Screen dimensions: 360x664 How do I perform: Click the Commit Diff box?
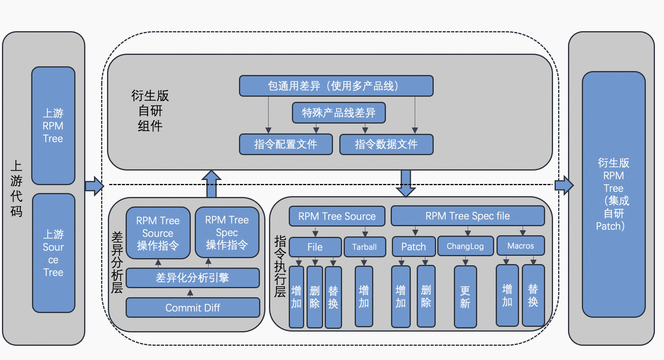pyautogui.click(x=193, y=307)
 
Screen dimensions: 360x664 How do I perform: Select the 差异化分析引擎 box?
pyautogui.click(x=193, y=278)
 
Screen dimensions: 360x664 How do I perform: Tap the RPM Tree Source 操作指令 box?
pyautogui.click(x=158, y=233)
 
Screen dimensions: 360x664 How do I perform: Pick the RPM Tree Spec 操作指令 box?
pyautogui.click(x=227, y=232)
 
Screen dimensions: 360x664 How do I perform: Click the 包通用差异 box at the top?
pyautogui.click(x=336, y=86)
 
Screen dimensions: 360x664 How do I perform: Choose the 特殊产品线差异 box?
pyautogui.click(x=339, y=113)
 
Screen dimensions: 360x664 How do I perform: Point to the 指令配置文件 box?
pyautogui.click(x=286, y=144)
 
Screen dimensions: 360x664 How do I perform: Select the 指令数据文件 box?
pyautogui.click(x=386, y=144)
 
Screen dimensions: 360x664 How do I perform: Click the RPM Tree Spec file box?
pyautogui.click(x=467, y=216)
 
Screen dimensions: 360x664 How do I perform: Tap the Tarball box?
pyautogui.click(x=364, y=247)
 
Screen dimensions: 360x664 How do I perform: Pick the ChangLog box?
pyautogui.click(x=465, y=246)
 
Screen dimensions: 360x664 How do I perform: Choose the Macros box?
pyautogui.click(x=520, y=246)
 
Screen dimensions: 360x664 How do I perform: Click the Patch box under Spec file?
pyautogui.click(x=414, y=247)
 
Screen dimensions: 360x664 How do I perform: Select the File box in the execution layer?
pyautogui.click(x=315, y=247)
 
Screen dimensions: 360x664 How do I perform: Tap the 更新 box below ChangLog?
pyautogui.click(x=465, y=297)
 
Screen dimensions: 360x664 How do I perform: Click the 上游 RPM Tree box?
pyautogui.click(x=53, y=126)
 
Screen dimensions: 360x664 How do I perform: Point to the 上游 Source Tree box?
pyautogui.click(x=53, y=253)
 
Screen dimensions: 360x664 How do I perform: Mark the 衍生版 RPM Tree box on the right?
pyautogui.click(x=613, y=194)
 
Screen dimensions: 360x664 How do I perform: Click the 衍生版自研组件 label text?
pyautogui.click(x=150, y=111)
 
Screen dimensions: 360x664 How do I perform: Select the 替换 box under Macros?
pyautogui.click(x=533, y=296)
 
